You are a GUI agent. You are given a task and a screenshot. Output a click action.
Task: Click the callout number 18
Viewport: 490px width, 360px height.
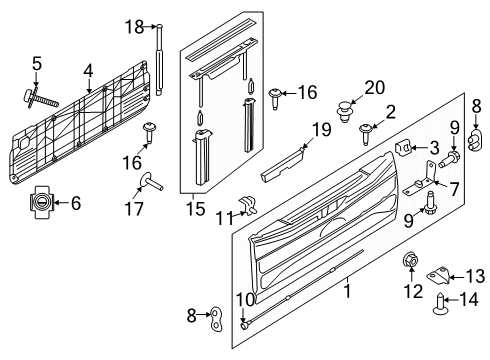click(x=134, y=27)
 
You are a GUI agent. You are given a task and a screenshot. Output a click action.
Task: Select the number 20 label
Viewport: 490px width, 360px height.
click(x=375, y=87)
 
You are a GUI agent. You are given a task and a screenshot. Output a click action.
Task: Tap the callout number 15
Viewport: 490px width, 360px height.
click(x=195, y=209)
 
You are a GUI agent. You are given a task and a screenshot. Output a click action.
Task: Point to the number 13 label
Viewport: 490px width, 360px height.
click(x=475, y=276)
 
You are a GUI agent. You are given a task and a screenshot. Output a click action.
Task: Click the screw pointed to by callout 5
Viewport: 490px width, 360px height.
click(x=40, y=99)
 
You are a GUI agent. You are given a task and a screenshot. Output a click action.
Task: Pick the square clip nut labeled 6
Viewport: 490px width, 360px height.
click(x=41, y=202)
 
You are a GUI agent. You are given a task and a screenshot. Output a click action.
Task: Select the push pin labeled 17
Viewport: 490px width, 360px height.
click(x=151, y=182)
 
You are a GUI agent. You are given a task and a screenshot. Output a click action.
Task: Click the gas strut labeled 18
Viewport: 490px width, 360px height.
click(x=159, y=60)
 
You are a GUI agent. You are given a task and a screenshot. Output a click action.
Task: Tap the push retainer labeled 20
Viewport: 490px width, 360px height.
click(x=345, y=112)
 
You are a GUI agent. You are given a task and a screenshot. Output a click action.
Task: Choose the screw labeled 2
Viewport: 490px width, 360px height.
click(x=366, y=134)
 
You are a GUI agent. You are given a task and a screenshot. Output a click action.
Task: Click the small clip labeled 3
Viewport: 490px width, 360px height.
click(x=402, y=147)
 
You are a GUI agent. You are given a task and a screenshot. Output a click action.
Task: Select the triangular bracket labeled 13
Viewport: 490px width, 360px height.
click(x=438, y=276)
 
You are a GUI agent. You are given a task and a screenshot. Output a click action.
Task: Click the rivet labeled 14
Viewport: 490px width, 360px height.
click(x=440, y=304)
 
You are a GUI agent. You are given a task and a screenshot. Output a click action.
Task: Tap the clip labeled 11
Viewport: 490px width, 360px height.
click(x=248, y=206)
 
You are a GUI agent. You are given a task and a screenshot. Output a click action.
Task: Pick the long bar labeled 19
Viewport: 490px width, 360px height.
click(x=283, y=165)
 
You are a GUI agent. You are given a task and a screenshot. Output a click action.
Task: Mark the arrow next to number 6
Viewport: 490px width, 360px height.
click(x=61, y=202)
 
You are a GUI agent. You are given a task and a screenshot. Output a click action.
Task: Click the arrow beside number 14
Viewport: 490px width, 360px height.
click(x=454, y=300)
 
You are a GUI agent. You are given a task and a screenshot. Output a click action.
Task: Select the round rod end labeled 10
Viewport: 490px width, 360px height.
click(x=245, y=325)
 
